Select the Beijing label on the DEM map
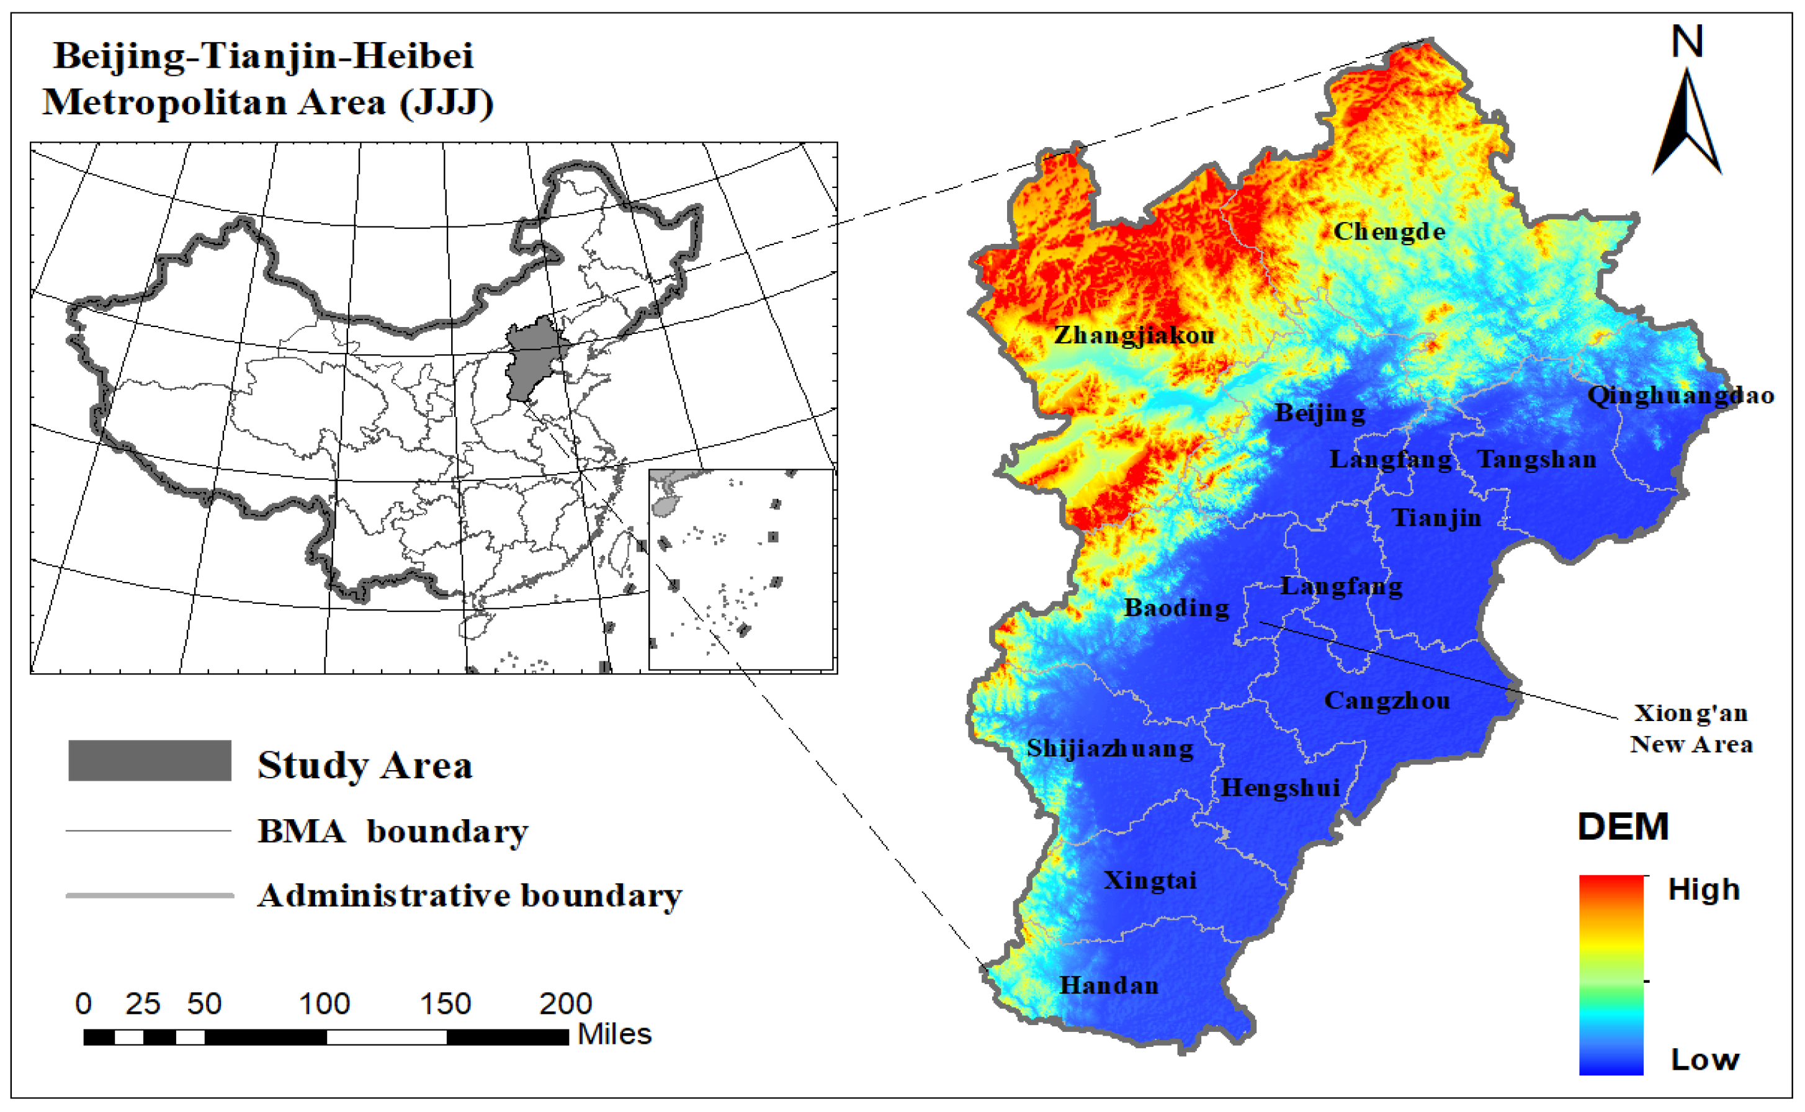point(1320,413)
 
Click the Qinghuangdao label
point(1681,396)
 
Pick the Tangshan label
point(1537,460)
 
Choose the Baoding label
point(1176,608)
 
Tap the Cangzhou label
point(1387,700)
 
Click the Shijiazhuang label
point(1110,749)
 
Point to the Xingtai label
point(1150,881)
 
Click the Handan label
point(1109,985)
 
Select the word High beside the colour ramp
point(1703,890)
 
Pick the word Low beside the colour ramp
point(1704,1060)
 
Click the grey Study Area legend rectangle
point(150,760)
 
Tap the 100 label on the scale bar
point(325,1004)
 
